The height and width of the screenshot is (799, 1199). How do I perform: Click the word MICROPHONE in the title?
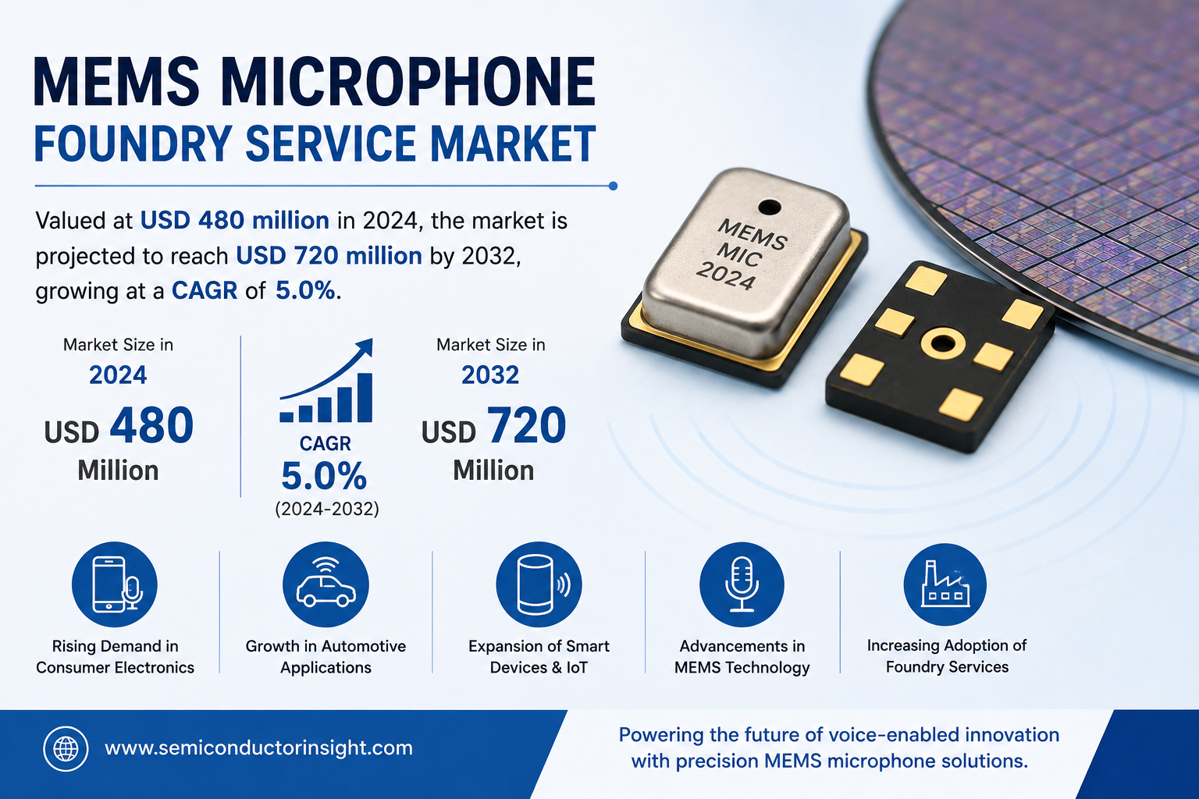(x=408, y=82)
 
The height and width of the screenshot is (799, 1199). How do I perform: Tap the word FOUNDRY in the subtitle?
(x=133, y=144)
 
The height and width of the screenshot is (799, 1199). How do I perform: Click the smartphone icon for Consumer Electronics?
(x=115, y=584)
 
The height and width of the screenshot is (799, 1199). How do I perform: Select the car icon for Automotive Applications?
(x=326, y=584)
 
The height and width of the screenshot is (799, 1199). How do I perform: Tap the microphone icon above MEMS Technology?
(x=742, y=584)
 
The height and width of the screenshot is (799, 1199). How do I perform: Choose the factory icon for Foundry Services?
(x=945, y=584)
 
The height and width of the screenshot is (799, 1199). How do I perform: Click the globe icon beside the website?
(x=66, y=749)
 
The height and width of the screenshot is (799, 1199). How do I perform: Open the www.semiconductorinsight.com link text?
(x=258, y=748)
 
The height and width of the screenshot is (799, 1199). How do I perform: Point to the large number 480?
(x=151, y=425)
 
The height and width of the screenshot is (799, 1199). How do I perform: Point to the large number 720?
(x=525, y=425)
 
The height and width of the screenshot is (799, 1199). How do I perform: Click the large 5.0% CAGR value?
(x=324, y=476)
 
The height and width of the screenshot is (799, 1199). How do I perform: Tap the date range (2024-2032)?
(x=327, y=509)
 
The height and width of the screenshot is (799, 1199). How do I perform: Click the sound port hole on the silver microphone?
(x=770, y=207)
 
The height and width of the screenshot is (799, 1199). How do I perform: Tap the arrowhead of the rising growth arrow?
(x=365, y=346)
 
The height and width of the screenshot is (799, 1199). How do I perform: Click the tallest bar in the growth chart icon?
(x=365, y=398)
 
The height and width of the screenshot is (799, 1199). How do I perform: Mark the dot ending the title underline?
(x=613, y=186)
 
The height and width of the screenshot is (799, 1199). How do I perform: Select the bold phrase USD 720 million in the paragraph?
(x=329, y=256)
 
